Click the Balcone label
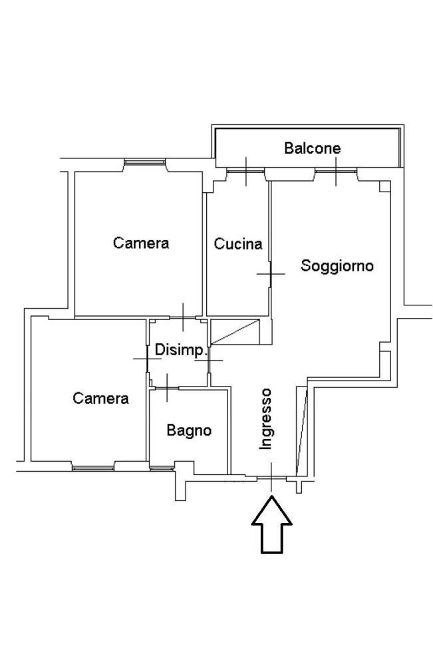(x=312, y=148)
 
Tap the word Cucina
(x=237, y=244)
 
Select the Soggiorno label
(x=337, y=265)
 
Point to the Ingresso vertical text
(x=266, y=419)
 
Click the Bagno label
(x=189, y=430)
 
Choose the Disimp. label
(x=180, y=349)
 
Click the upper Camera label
(x=141, y=243)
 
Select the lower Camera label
(x=101, y=399)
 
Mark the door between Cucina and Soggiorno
(x=271, y=273)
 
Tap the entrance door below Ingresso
(x=271, y=478)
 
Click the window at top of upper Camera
(x=144, y=161)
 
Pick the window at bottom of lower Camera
(x=92, y=468)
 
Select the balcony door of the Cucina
(x=245, y=171)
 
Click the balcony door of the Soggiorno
(x=336, y=171)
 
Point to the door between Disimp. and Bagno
(x=166, y=388)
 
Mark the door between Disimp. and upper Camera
(x=184, y=318)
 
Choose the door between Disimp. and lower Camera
(x=147, y=359)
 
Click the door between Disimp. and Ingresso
(x=209, y=360)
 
